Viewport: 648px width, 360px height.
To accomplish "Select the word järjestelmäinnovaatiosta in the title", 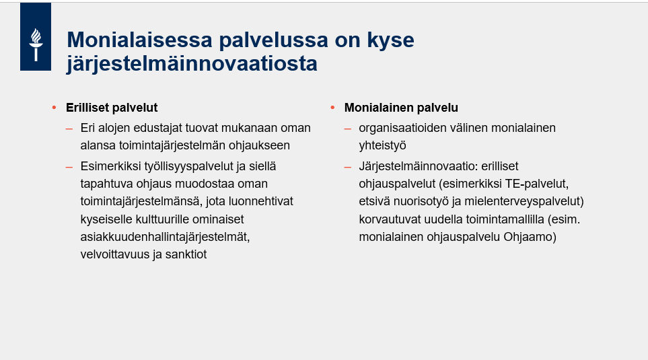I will click(192, 64).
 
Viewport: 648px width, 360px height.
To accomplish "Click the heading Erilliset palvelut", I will click(111, 108).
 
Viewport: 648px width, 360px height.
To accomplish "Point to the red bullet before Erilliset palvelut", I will click(54, 108).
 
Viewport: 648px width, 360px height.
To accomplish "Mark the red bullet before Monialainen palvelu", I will click(332, 108).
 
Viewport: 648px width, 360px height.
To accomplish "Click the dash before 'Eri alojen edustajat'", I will click(69, 128).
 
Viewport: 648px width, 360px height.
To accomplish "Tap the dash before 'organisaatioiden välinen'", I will click(347, 128).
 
